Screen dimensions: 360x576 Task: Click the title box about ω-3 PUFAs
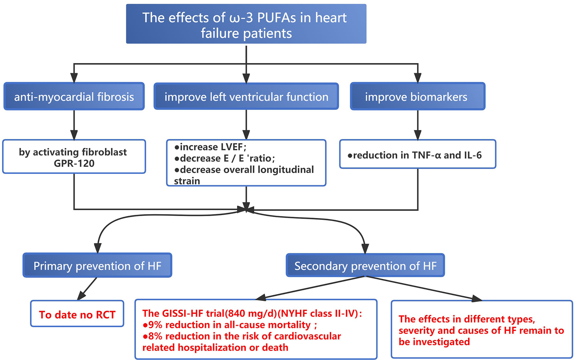(246, 24)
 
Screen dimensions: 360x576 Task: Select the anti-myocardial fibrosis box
(74, 96)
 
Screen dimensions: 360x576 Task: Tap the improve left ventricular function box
(246, 96)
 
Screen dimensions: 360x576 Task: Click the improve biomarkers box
(417, 96)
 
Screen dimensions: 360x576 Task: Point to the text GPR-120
(74, 163)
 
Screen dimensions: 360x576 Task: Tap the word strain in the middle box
(187, 181)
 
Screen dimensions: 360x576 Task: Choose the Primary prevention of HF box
(97, 266)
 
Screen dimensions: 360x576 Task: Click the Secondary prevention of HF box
(365, 266)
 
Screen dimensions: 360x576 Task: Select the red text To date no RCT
(77, 315)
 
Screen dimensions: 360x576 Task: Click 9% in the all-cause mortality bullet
(155, 325)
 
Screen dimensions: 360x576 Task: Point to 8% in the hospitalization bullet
(155, 336)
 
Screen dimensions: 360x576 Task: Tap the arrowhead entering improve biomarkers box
(418, 78)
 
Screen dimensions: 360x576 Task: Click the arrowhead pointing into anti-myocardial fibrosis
(74, 78)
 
